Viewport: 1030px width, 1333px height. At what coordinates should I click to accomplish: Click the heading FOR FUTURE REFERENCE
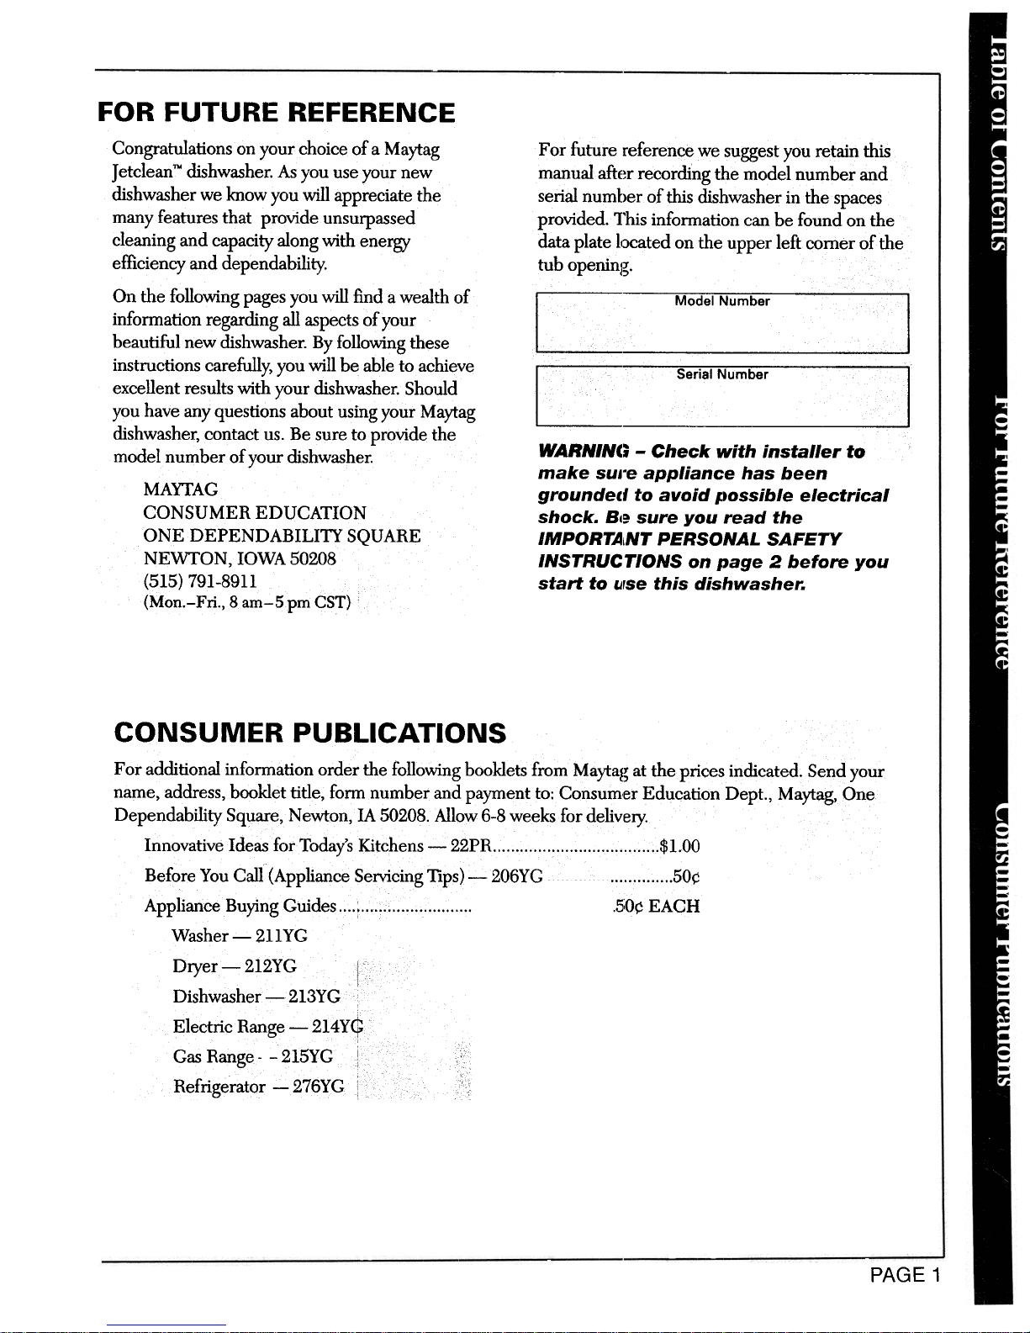coord(277,113)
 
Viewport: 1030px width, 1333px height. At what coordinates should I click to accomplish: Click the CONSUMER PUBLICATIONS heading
coord(310,733)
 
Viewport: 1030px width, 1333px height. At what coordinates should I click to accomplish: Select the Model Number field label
coord(722,302)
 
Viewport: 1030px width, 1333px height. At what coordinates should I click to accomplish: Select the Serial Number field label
coord(722,375)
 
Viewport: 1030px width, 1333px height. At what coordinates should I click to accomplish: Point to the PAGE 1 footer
coord(905,1275)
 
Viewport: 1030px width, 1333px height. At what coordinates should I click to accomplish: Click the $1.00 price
coord(680,846)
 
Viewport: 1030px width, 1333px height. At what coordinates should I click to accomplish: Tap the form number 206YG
coord(516,876)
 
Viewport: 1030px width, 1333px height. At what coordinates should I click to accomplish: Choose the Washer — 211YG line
coord(240,936)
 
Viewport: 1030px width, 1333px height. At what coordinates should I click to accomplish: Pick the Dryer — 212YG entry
coord(235,966)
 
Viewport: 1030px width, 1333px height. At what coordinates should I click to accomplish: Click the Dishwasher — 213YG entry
coord(256,997)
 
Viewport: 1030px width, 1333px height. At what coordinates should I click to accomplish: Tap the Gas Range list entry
coord(252,1057)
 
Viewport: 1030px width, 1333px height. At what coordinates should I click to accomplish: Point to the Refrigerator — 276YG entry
coord(258,1087)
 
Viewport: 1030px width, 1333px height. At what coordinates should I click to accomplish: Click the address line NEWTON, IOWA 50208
coord(240,558)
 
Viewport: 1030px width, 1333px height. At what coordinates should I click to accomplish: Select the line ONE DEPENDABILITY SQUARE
coord(282,536)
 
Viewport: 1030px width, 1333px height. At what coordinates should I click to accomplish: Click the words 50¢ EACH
coord(657,907)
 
